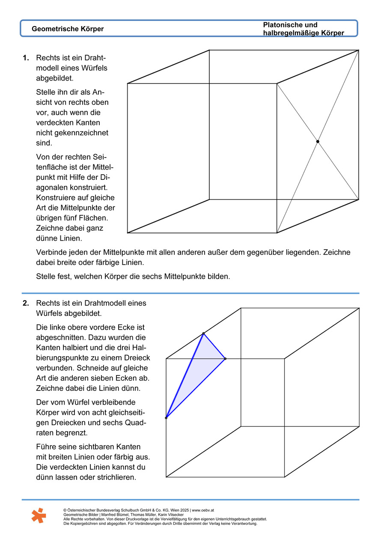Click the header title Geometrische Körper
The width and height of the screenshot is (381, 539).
pyautogui.click(x=67, y=29)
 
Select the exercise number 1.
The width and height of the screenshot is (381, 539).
pyautogui.click(x=26, y=58)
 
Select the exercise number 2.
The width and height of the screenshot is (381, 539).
pyautogui.click(x=26, y=303)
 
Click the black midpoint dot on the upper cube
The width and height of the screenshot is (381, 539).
pyautogui.click(x=318, y=141)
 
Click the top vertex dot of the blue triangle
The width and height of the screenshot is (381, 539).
pyautogui.click(x=203, y=334)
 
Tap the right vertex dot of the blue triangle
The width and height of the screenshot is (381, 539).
pyautogui.click(x=225, y=358)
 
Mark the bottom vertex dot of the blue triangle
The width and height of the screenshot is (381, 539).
pyautogui.click(x=166, y=417)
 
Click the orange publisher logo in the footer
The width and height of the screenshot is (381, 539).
pyautogui.click(x=39, y=515)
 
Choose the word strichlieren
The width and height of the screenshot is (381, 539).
pyautogui.click(x=116, y=476)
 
